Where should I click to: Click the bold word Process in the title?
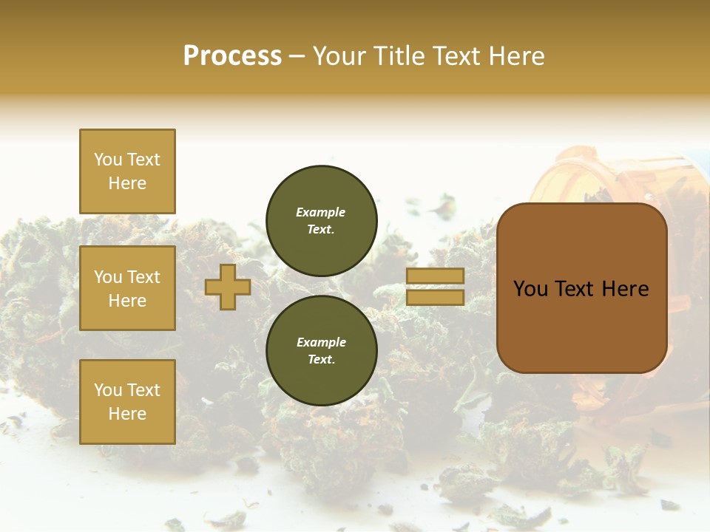tap(232, 56)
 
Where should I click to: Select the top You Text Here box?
tap(127, 171)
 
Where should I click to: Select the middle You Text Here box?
tap(127, 288)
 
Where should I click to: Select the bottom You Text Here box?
tap(127, 402)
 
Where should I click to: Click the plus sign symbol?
tap(228, 287)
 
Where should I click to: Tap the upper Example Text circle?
tap(322, 221)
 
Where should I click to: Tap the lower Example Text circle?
tap(322, 351)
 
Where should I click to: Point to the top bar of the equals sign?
tap(435, 276)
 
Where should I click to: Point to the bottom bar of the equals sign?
tap(435, 297)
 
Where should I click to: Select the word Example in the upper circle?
tap(320, 212)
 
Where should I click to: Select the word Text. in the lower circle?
tap(321, 360)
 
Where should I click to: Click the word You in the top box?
tap(108, 160)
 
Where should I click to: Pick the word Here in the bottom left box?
tap(127, 414)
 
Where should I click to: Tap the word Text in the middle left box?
tap(143, 277)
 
